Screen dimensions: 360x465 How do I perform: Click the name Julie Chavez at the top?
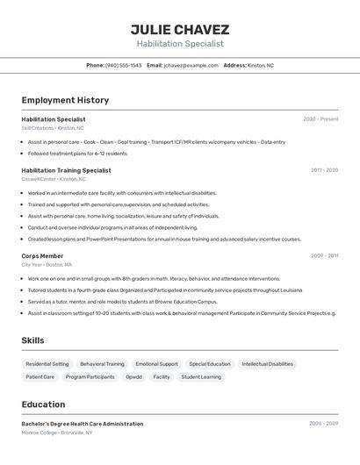point(180,29)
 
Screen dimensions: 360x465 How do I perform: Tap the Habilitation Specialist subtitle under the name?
point(180,44)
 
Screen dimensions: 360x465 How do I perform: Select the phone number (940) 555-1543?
point(123,65)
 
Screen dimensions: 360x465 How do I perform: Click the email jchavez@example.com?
point(191,65)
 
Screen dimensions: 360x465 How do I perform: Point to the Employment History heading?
point(65,100)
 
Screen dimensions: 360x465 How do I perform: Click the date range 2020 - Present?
point(320,119)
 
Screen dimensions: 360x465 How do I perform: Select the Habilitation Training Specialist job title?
point(66,170)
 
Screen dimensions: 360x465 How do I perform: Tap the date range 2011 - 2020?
point(324,170)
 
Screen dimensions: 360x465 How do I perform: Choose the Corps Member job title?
point(42,256)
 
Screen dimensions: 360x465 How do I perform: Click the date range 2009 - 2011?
point(324,256)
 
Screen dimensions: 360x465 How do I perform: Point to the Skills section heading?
point(32,340)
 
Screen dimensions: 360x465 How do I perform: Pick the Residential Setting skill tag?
point(47,364)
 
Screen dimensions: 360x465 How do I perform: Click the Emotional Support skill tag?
point(156,364)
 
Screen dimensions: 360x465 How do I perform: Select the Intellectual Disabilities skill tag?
point(268,364)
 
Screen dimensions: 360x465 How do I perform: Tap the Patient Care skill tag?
point(40,377)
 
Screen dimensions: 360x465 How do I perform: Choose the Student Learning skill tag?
point(201,377)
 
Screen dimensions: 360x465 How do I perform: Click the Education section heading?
point(43,404)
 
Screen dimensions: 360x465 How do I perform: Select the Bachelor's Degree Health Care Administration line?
point(83,424)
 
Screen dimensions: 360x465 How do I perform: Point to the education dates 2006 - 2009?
point(323,424)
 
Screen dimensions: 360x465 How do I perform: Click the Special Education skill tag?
point(210,364)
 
